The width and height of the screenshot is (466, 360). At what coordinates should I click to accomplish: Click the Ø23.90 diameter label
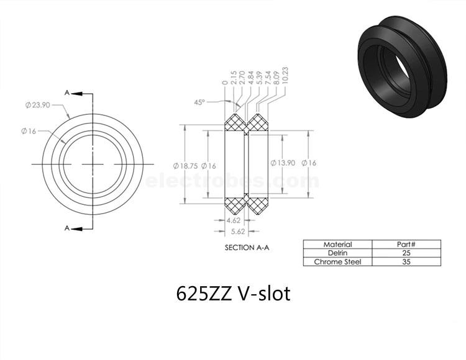click(x=38, y=105)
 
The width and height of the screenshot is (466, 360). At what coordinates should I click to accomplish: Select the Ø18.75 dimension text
click(x=185, y=166)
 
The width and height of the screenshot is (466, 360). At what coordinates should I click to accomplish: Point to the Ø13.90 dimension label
click(x=283, y=163)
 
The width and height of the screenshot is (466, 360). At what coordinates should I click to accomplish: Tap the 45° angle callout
click(x=199, y=102)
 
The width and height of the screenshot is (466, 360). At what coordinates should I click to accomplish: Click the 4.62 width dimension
click(x=233, y=220)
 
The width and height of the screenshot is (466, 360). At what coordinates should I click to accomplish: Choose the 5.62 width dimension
click(x=238, y=232)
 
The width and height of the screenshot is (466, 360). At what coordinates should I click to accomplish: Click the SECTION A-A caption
click(x=247, y=248)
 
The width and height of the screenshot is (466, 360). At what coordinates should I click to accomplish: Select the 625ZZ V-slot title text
click(x=233, y=294)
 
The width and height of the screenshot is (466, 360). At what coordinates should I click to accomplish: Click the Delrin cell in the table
click(x=337, y=253)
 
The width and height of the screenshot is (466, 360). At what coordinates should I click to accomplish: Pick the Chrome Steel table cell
click(x=337, y=262)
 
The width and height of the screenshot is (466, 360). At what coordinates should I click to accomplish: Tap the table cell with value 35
click(x=406, y=262)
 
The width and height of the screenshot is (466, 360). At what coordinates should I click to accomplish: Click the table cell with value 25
click(x=406, y=253)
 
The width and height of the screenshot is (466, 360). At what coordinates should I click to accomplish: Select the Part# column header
click(x=406, y=245)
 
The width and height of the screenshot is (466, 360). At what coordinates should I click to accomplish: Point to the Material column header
click(x=337, y=245)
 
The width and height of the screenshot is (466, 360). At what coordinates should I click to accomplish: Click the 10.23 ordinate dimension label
click(x=285, y=75)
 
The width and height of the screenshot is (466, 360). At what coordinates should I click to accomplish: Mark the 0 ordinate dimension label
click(x=225, y=82)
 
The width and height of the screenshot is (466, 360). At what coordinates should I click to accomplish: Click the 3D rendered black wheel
click(x=402, y=66)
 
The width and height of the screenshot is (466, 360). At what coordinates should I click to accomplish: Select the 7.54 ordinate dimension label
click(x=268, y=78)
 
